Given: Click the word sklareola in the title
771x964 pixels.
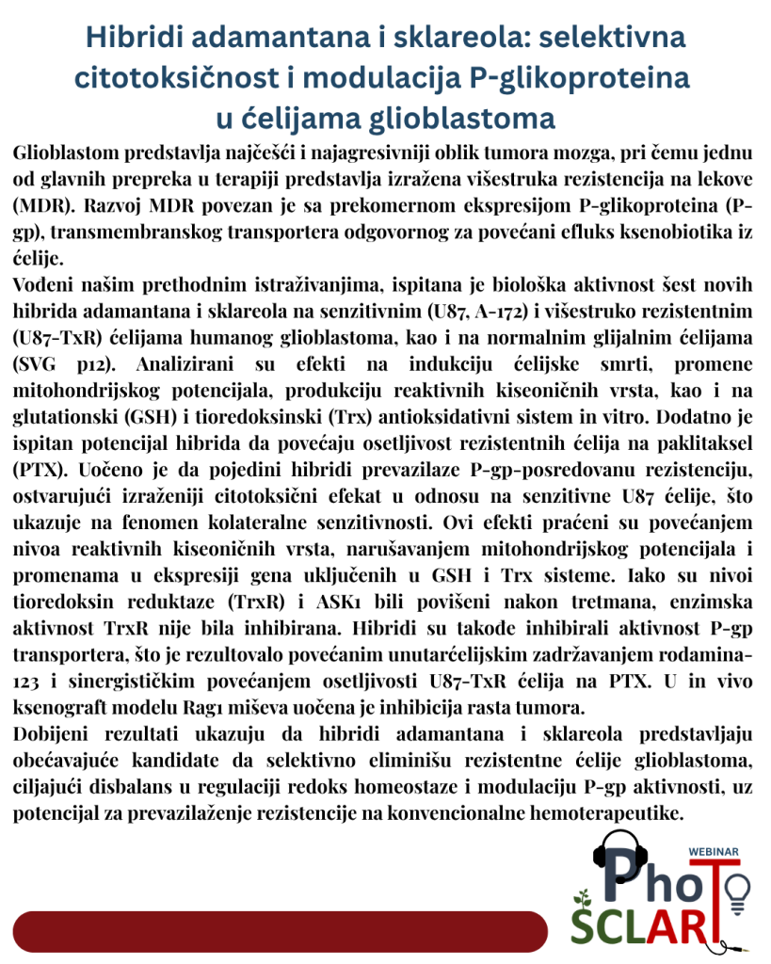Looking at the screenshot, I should [457, 38].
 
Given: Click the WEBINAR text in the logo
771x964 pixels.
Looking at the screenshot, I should [715, 851].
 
